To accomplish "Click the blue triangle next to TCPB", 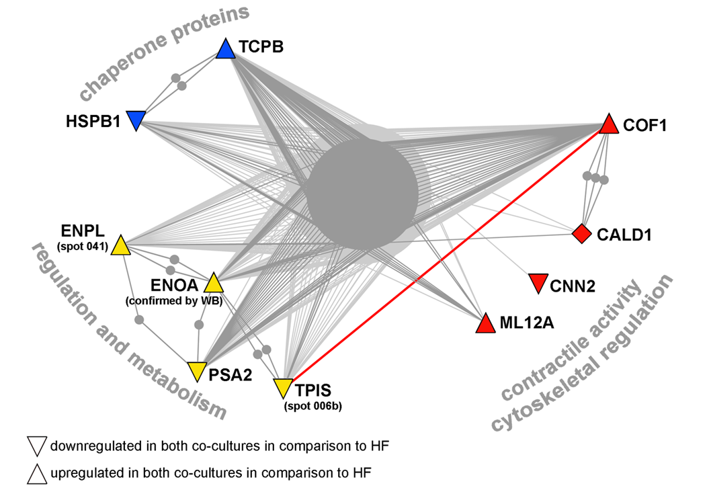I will tap(226, 49).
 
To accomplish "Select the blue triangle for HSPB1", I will tap(136, 120).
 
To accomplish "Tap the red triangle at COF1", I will tap(608, 124).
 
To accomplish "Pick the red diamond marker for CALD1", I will tap(581, 234).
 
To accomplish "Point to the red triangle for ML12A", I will tap(485, 324).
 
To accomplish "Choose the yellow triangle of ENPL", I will tap(120, 246).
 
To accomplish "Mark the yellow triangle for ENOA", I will tap(213, 283).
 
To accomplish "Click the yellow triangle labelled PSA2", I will tap(196, 370).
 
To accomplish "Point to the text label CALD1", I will tap(624, 235).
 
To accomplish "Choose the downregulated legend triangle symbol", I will tap(36, 446).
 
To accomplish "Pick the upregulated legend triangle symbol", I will tap(36, 474).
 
